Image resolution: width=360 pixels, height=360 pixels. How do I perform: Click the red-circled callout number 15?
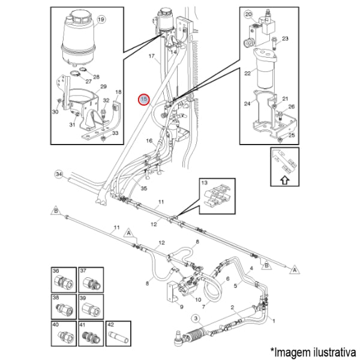(143, 99)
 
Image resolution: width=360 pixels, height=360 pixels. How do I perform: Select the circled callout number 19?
(101, 19)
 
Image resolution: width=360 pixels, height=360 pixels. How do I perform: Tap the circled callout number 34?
(58, 174)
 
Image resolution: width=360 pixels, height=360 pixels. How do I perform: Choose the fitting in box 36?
(62, 281)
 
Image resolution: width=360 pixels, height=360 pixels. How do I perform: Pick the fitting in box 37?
(90, 281)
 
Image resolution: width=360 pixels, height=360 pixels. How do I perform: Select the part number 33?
(116, 133)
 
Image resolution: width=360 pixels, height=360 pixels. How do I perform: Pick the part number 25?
(292, 135)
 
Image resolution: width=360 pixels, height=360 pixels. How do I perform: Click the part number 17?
(152, 56)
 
